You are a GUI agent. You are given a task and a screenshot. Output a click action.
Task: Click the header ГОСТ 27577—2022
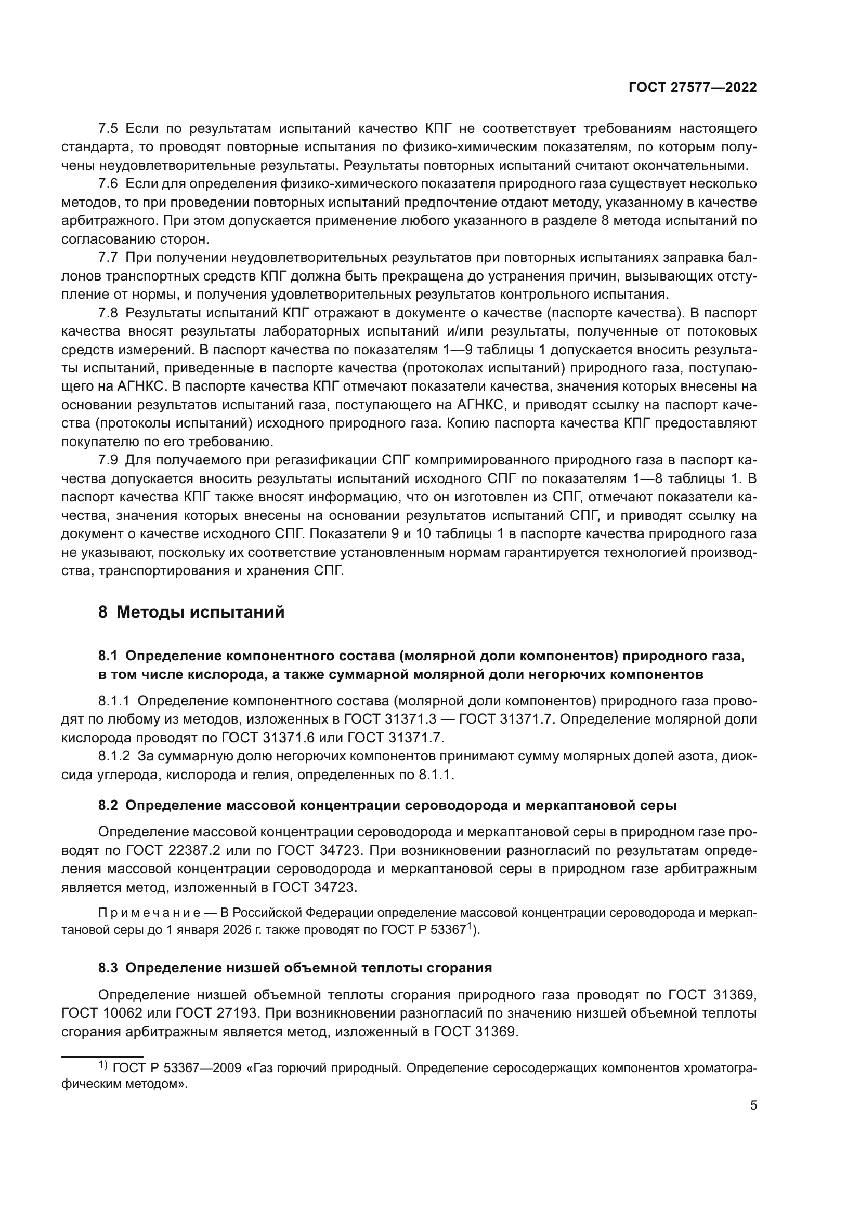pos(692,88)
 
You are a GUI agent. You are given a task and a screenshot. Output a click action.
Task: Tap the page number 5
pos(753,1105)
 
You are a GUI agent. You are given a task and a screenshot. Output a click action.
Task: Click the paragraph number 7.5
pos(108,129)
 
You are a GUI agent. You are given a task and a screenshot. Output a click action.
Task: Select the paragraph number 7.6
pos(108,184)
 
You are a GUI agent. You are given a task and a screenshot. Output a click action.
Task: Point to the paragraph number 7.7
pos(108,258)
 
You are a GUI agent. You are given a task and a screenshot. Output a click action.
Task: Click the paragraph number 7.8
pos(108,313)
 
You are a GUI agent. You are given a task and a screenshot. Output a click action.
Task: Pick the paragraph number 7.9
pos(108,460)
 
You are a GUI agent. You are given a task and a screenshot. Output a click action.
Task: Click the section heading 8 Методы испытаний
pos(191,612)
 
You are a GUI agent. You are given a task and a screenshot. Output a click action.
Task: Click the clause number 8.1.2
pos(114,757)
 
